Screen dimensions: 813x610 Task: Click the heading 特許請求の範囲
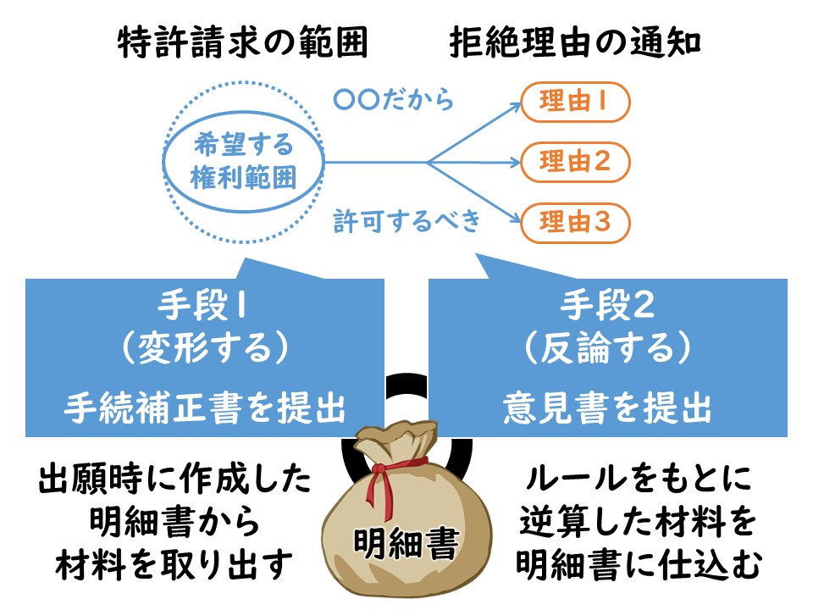pyautogui.click(x=243, y=42)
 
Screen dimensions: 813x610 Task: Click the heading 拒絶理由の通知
pyautogui.click(x=575, y=42)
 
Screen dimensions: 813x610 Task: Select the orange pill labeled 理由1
pyautogui.click(x=575, y=102)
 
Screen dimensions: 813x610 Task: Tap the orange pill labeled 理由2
pyautogui.click(x=575, y=162)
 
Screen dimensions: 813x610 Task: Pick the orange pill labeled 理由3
pyautogui.click(x=575, y=223)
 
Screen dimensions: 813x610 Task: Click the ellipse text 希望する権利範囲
pyautogui.click(x=244, y=161)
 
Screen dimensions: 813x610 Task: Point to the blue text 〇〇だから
pyautogui.click(x=394, y=100)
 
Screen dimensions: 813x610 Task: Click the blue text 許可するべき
pyautogui.click(x=407, y=220)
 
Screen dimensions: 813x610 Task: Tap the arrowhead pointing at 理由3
pyautogui.click(x=515, y=219)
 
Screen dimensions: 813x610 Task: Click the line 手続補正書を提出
pyautogui.click(x=205, y=408)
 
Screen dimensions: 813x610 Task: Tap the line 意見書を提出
pyautogui.click(x=607, y=408)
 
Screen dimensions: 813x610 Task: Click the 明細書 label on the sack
pyautogui.click(x=406, y=544)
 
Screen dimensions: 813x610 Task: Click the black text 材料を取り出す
pyautogui.click(x=174, y=565)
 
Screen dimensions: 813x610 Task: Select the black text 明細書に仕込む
pyautogui.click(x=639, y=565)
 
